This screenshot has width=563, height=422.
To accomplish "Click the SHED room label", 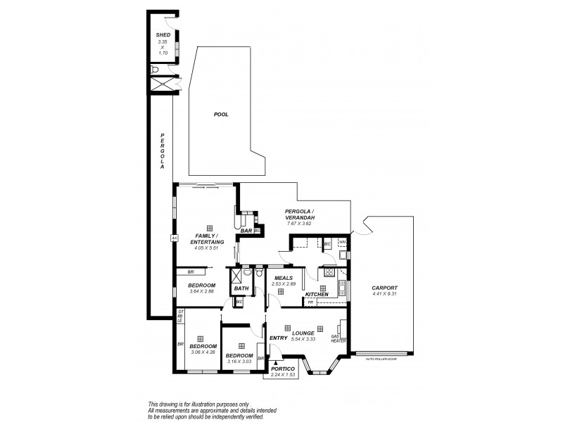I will click(163, 34).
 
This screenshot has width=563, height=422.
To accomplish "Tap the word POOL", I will click(221, 115).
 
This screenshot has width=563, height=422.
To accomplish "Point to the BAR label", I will click(246, 230).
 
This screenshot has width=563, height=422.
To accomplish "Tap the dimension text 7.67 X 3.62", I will click(299, 224).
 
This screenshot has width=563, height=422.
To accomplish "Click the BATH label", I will click(241, 288).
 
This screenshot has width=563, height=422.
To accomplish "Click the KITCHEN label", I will click(317, 294).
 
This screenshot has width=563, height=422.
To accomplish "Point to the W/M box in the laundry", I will click(343, 243).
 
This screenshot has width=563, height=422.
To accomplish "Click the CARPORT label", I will click(385, 288).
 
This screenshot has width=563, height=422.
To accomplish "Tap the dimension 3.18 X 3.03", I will click(239, 362).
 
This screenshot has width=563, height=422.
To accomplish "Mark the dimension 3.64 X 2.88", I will click(201, 292).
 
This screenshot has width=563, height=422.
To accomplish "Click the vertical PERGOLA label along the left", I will click(162, 151).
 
